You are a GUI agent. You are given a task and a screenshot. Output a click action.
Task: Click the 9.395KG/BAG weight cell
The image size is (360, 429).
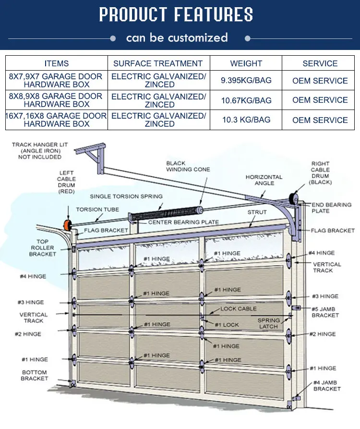246,81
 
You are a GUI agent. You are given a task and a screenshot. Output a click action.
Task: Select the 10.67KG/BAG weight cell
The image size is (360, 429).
246,100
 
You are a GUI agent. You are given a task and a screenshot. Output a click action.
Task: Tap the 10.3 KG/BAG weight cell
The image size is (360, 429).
246,120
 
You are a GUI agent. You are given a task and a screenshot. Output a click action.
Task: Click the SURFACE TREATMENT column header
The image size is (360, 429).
158,63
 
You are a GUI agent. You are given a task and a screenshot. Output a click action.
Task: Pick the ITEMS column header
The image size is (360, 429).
56,63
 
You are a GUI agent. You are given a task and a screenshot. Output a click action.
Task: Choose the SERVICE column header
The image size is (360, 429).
320,63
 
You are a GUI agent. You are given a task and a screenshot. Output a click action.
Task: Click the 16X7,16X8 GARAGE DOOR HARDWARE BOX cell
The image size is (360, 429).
56,120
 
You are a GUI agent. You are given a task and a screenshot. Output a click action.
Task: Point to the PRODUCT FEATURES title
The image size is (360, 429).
176,15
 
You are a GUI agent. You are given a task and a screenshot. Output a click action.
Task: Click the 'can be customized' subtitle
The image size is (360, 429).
177,37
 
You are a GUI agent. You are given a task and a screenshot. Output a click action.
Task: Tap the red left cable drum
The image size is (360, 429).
65,225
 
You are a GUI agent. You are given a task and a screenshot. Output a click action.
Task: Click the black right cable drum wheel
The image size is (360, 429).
292,199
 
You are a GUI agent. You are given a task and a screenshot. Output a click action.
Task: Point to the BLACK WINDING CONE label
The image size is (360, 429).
188,166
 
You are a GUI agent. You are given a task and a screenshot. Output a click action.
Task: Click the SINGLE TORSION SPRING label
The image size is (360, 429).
126,196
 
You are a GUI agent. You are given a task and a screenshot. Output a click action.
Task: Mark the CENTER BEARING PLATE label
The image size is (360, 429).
183,222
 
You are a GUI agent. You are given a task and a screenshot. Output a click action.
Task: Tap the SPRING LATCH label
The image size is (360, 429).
268,323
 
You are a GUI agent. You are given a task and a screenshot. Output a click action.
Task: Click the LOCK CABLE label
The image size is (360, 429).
239,309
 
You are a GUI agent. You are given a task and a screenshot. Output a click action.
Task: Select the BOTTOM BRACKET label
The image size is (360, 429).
34,375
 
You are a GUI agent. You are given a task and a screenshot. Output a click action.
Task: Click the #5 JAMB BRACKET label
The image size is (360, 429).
325,312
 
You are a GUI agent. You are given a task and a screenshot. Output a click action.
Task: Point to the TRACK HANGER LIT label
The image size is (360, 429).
40,150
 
